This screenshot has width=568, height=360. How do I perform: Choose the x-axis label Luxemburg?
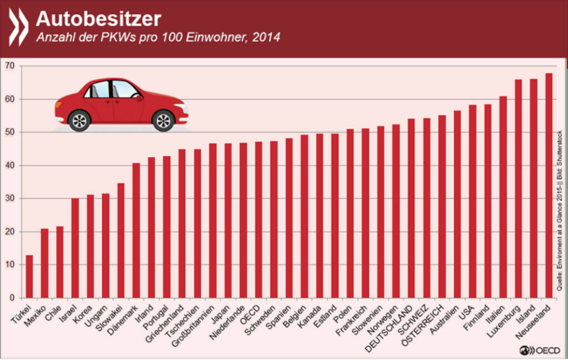pos(508,318)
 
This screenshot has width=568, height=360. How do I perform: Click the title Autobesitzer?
pos(98,19)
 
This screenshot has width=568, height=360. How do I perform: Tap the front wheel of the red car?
pos(163,120)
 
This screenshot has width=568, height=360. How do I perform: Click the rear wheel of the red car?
pos(79,120)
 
